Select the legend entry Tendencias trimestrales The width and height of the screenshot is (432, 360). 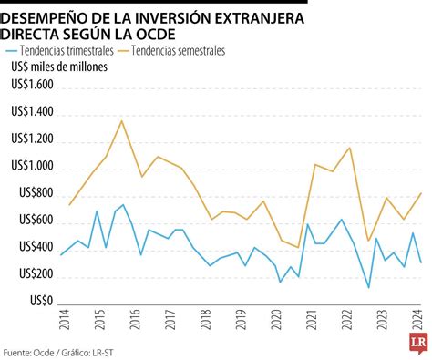click(67, 52)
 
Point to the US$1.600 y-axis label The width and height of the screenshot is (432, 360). click(32, 84)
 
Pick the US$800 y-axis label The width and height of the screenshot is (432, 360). click(36, 191)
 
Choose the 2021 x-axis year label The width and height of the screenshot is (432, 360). click(314, 319)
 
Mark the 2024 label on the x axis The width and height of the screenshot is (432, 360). click(417, 319)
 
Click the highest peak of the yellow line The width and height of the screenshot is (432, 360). click(122, 120)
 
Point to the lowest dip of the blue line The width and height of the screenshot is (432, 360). click(368, 288)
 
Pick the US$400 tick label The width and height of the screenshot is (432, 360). click(36, 246)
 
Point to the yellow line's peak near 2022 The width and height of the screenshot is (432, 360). click(349, 148)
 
